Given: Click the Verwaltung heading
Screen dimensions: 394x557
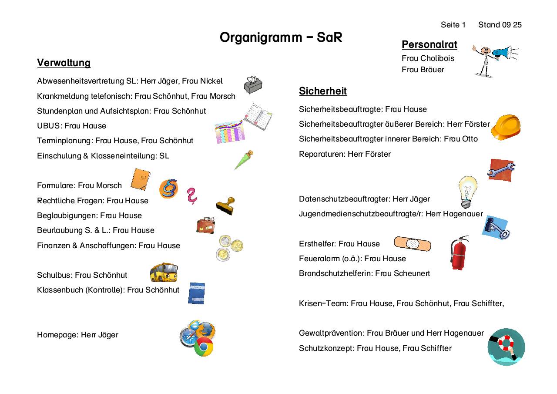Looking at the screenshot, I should click(64, 63).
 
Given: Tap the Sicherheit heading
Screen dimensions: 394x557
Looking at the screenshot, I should click(323, 91).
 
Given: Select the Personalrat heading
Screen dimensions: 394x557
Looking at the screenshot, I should click(429, 44).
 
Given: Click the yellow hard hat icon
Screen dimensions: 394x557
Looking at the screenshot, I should click(506, 127).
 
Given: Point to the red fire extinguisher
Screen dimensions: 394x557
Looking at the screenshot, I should click(459, 253).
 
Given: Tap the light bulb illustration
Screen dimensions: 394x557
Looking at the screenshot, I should click(467, 192).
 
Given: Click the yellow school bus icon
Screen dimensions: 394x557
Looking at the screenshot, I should click(164, 273).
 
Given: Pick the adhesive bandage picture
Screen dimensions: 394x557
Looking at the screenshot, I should click(412, 244).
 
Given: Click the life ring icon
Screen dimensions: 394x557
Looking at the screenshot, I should click(506, 347).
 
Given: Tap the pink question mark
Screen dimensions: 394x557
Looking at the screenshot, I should click(191, 196).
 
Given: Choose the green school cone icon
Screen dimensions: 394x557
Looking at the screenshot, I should click(244, 160).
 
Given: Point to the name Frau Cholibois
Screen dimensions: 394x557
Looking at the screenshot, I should click(428, 58).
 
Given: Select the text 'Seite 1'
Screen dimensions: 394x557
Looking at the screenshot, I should click(453, 25).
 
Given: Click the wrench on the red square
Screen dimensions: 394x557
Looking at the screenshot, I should click(501, 170).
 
